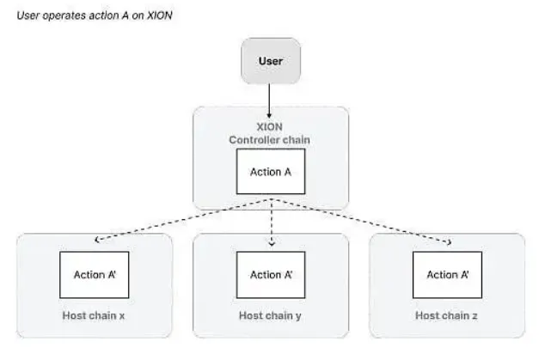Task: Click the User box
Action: (271, 61)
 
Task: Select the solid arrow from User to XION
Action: (269, 101)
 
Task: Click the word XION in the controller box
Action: (270, 127)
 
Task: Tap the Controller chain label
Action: (270, 140)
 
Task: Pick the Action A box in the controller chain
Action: (271, 172)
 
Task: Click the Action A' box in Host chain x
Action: (95, 275)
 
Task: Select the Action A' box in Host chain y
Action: (271, 275)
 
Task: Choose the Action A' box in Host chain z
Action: (447, 275)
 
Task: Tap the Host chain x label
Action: (94, 315)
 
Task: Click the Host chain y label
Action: (270, 315)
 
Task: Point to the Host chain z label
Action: (446, 315)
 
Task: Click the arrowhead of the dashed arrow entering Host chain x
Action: (97, 240)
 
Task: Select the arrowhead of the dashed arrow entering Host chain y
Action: (272, 243)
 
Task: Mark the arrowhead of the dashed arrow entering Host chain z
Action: (449, 242)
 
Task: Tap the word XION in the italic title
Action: (160, 15)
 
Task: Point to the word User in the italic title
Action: (28, 15)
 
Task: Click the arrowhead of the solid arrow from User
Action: (269, 116)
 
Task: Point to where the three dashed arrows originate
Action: (272, 199)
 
